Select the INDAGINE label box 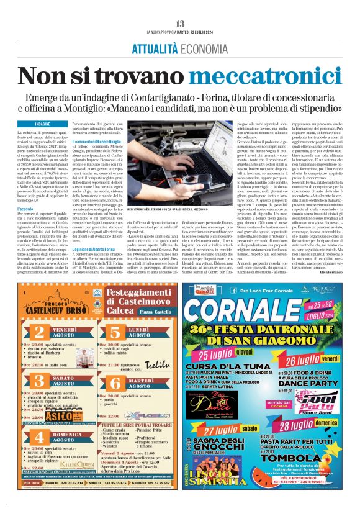click(43, 125)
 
